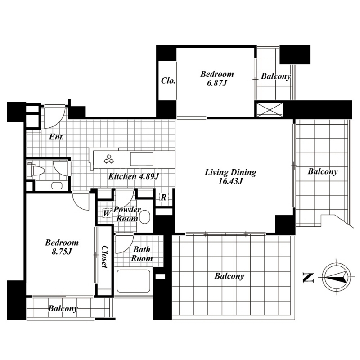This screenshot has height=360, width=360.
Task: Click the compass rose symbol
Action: [336, 277]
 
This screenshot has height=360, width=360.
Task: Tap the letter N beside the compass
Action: [308, 277]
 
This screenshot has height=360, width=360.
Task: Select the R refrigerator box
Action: [163, 197]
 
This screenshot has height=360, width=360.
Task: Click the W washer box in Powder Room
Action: [107, 213]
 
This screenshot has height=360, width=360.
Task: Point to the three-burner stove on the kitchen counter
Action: [109, 159]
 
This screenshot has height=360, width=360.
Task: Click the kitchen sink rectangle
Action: [142, 159]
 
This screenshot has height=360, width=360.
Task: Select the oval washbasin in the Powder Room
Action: [144, 217]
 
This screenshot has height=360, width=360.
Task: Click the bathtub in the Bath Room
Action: [133, 280]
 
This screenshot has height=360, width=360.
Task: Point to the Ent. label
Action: [57, 137]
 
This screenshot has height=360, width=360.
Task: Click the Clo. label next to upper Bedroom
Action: [168, 81]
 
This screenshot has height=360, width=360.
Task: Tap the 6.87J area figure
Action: [217, 83]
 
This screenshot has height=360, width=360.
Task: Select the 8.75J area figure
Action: [62, 252]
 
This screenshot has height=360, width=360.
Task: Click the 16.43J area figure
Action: [230, 181]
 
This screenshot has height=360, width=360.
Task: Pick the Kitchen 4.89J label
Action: [134, 176]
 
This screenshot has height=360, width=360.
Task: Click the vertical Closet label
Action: [105, 256]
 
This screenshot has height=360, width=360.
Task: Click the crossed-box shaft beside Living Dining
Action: [269, 109]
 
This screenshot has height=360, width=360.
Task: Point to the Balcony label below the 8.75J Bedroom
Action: [63, 308]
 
